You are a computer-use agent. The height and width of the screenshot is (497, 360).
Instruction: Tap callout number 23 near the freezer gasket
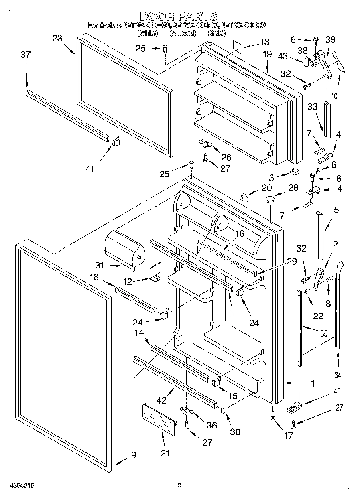pyautogui.click(x=57, y=38)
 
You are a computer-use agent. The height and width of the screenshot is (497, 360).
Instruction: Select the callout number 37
pyautogui.click(x=25, y=55)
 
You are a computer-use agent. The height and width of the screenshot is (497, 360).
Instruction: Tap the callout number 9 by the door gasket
pyautogui.click(x=133, y=455)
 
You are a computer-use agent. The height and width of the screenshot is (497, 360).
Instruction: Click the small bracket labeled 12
pyautogui.click(x=155, y=273)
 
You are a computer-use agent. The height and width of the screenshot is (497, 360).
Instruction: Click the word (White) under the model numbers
pyautogui.click(x=146, y=33)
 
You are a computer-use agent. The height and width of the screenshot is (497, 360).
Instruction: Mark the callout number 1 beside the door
pyautogui.click(x=312, y=383)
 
